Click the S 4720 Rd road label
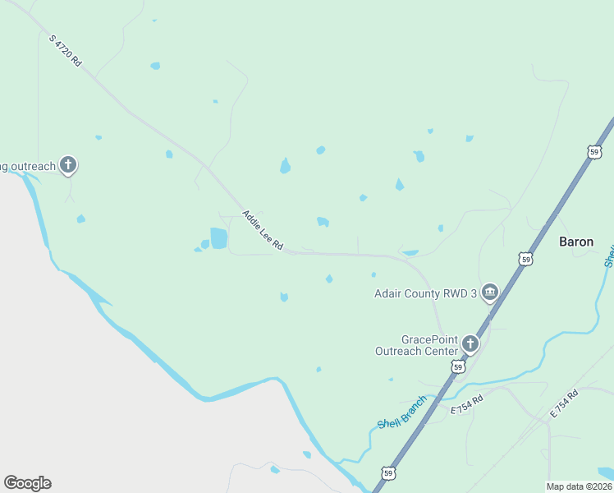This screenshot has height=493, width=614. [x=65, y=50]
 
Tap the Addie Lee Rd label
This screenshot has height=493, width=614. [x=263, y=230]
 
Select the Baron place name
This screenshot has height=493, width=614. [x=576, y=242]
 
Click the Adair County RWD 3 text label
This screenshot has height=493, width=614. [x=425, y=293]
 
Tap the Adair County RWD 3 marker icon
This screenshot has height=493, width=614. [x=490, y=293]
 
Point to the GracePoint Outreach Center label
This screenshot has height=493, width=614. [x=417, y=345]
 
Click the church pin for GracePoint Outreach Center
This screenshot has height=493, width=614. [x=470, y=343]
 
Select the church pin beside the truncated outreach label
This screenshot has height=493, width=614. [x=68, y=166]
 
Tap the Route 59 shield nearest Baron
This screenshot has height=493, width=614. [x=525, y=259]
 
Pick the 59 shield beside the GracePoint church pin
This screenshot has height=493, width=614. [x=459, y=366]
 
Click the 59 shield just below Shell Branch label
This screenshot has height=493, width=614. [x=388, y=472]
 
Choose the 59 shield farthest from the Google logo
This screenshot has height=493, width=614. [x=594, y=151]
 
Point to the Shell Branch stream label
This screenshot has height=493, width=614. [x=402, y=412]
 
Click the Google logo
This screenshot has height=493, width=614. [x=27, y=483]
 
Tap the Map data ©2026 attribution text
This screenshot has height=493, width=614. [x=579, y=486]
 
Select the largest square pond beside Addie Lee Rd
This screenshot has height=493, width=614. [x=218, y=238]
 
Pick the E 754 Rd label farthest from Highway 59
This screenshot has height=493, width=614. [x=565, y=403]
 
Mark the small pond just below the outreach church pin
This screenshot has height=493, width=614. [x=80, y=219]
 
